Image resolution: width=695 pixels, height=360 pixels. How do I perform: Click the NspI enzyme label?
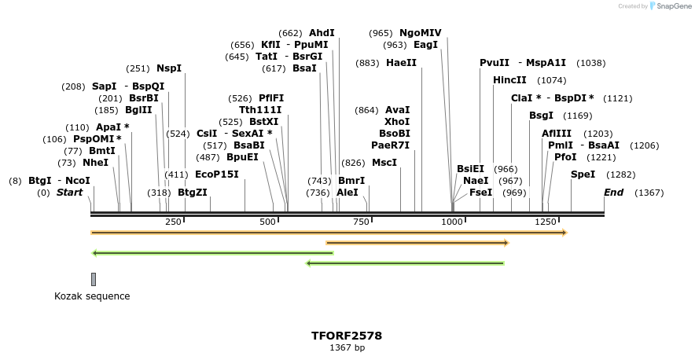point(169,68)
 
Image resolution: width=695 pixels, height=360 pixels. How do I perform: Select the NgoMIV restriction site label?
point(421,33)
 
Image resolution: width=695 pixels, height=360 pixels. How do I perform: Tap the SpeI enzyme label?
point(583,174)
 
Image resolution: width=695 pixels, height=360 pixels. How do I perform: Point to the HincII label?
point(509,80)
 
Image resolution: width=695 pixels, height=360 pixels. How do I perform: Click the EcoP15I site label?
point(216,174)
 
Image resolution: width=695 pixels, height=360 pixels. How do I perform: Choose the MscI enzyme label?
point(384,163)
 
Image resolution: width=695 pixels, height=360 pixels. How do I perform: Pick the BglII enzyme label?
point(138,110)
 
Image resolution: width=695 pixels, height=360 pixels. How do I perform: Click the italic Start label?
point(69,193)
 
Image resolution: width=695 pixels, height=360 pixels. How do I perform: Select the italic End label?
point(613,193)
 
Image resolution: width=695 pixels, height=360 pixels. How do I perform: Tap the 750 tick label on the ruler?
point(361,222)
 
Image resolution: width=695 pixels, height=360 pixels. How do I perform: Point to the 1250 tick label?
point(546,222)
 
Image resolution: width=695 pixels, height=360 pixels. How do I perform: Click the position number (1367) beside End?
point(649,193)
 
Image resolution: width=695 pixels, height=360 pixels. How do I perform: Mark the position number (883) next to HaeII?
point(367,63)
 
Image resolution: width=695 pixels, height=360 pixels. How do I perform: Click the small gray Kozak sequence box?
point(94,279)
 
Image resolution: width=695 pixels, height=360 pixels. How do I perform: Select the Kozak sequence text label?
point(92,296)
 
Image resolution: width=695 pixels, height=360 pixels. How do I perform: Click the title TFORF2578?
point(347,336)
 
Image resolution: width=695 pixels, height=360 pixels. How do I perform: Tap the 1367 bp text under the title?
point(347,347)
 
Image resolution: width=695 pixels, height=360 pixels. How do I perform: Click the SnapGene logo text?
point(674,6)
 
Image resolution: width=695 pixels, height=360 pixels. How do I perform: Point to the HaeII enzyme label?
point(401,63)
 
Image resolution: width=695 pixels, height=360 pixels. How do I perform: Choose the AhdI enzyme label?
point(322,33)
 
